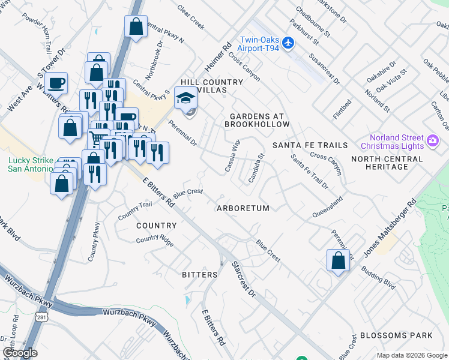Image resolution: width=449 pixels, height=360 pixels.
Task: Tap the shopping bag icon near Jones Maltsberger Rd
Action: click(x=338, y=260)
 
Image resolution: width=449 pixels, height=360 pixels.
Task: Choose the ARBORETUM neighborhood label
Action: click(x=243, y=208)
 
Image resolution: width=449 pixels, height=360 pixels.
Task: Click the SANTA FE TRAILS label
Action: click(x=310, y=146)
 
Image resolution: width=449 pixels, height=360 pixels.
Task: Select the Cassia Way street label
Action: click(x=232, y=156)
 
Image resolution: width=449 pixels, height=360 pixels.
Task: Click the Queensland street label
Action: click(x=327, y=207)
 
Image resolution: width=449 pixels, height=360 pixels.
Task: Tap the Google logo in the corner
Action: click(x=20, y=353)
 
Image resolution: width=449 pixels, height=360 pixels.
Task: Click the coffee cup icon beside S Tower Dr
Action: click(x=56, y=83)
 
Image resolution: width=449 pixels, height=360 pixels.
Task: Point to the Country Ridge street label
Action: click(x=155, y=240)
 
